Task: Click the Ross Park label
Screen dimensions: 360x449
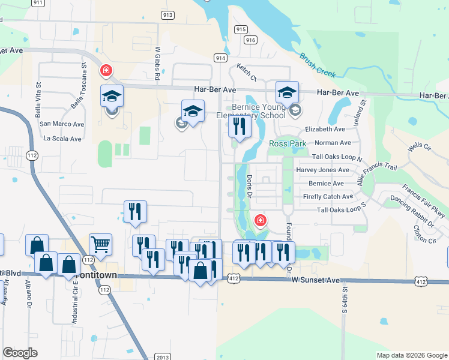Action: click(288, 143)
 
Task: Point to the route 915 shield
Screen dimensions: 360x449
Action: click(241, 29)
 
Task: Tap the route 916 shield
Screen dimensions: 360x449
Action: click(250, 40)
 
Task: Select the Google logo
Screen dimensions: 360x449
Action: click(20, 353)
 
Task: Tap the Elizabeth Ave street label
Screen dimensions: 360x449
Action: click(325, 129)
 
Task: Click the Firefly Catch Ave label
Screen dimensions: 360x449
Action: click(328, 197)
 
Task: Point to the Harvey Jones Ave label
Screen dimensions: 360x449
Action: click(322, 170)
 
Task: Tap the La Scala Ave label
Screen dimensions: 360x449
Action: click(62, 139)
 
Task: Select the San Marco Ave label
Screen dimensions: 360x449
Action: click(61, 124)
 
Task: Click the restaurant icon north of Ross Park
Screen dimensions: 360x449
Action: click(239, 126)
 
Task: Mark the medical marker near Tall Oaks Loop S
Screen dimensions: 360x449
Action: click(260, 221)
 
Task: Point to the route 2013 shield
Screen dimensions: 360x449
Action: click(162, 357)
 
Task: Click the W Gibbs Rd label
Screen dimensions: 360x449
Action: click(158, 64)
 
